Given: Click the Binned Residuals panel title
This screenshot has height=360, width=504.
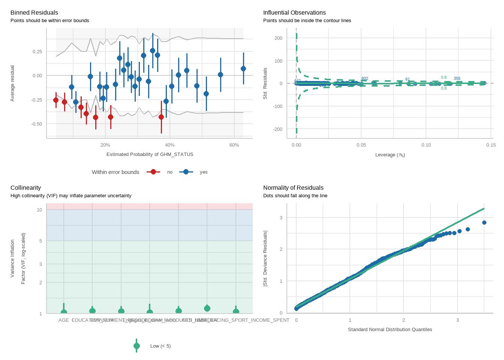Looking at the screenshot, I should pos(34,13).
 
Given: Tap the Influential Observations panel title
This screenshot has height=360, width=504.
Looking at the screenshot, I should pos(294,13).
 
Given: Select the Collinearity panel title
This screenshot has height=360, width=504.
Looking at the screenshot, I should pos(25,188).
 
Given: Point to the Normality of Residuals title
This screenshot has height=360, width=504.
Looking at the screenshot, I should pos(293,188).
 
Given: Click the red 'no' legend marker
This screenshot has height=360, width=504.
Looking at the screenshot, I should pos(153,172).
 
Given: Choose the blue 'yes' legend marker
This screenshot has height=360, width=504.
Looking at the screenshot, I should pos(186,172).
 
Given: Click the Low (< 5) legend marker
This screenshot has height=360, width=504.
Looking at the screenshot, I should pos(136,346).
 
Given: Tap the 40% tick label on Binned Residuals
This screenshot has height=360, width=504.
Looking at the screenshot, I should pos(169,145).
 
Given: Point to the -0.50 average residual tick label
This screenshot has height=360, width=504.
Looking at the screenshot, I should pos(37,124).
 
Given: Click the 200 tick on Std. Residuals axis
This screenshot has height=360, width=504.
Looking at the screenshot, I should pos(278,38).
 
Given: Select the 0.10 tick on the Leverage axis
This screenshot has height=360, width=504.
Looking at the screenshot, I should pos(426,145).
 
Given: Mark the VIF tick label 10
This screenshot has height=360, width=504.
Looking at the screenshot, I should pos(39,210).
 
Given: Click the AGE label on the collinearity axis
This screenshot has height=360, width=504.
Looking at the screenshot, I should pos(64,320).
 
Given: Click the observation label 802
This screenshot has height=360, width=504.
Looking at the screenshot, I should pos(364,79).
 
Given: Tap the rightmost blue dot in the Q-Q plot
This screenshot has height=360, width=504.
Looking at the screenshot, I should pos(484,223).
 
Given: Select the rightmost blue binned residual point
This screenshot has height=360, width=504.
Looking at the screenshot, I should pos(243,69).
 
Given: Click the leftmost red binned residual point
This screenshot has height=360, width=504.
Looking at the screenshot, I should pos(56,100).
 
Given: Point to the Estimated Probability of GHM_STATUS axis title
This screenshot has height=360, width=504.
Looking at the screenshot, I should pos(150,154).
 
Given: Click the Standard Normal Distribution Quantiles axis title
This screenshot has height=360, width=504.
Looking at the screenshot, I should pos(390,330).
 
